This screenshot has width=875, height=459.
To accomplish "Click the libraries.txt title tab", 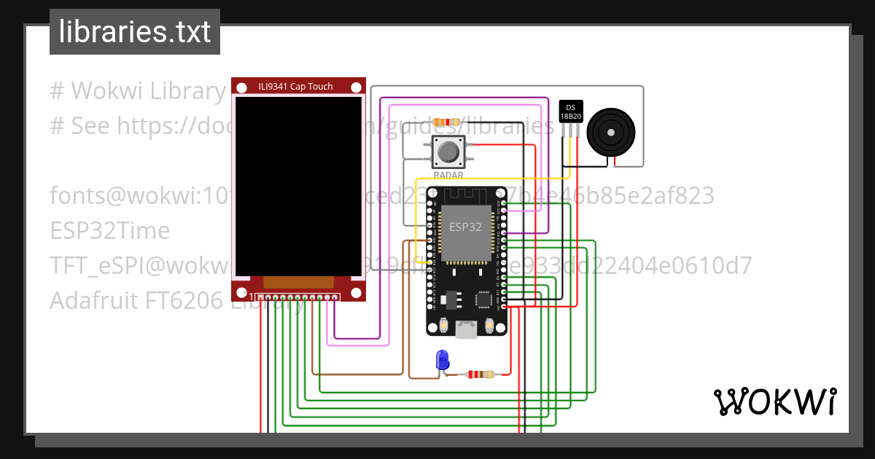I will click(x=134, y=32).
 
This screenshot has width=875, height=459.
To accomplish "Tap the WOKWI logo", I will click(x=774, y=401).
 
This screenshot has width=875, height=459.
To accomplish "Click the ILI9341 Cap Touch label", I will click(x=295, y=87).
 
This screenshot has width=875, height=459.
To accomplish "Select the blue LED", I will click(x=442, y=359).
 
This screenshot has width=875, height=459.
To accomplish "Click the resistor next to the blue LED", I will click(x=481, y=374).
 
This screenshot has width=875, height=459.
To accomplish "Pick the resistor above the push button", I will click(x=447, y=122).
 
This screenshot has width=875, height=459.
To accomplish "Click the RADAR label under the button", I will click(x=448, y=175).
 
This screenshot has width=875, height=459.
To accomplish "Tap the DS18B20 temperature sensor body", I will click(x=570, y=111).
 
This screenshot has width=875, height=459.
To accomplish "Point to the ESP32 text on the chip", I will click(x=465, y=227).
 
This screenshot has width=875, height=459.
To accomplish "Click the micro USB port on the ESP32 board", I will click(x=466, y=331).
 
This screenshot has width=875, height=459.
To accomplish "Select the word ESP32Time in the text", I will click(x=110, y=231).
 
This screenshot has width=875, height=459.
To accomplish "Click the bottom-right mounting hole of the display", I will click(x=356, y=293).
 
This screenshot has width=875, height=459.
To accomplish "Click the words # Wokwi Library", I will click(x=139, y=91).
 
